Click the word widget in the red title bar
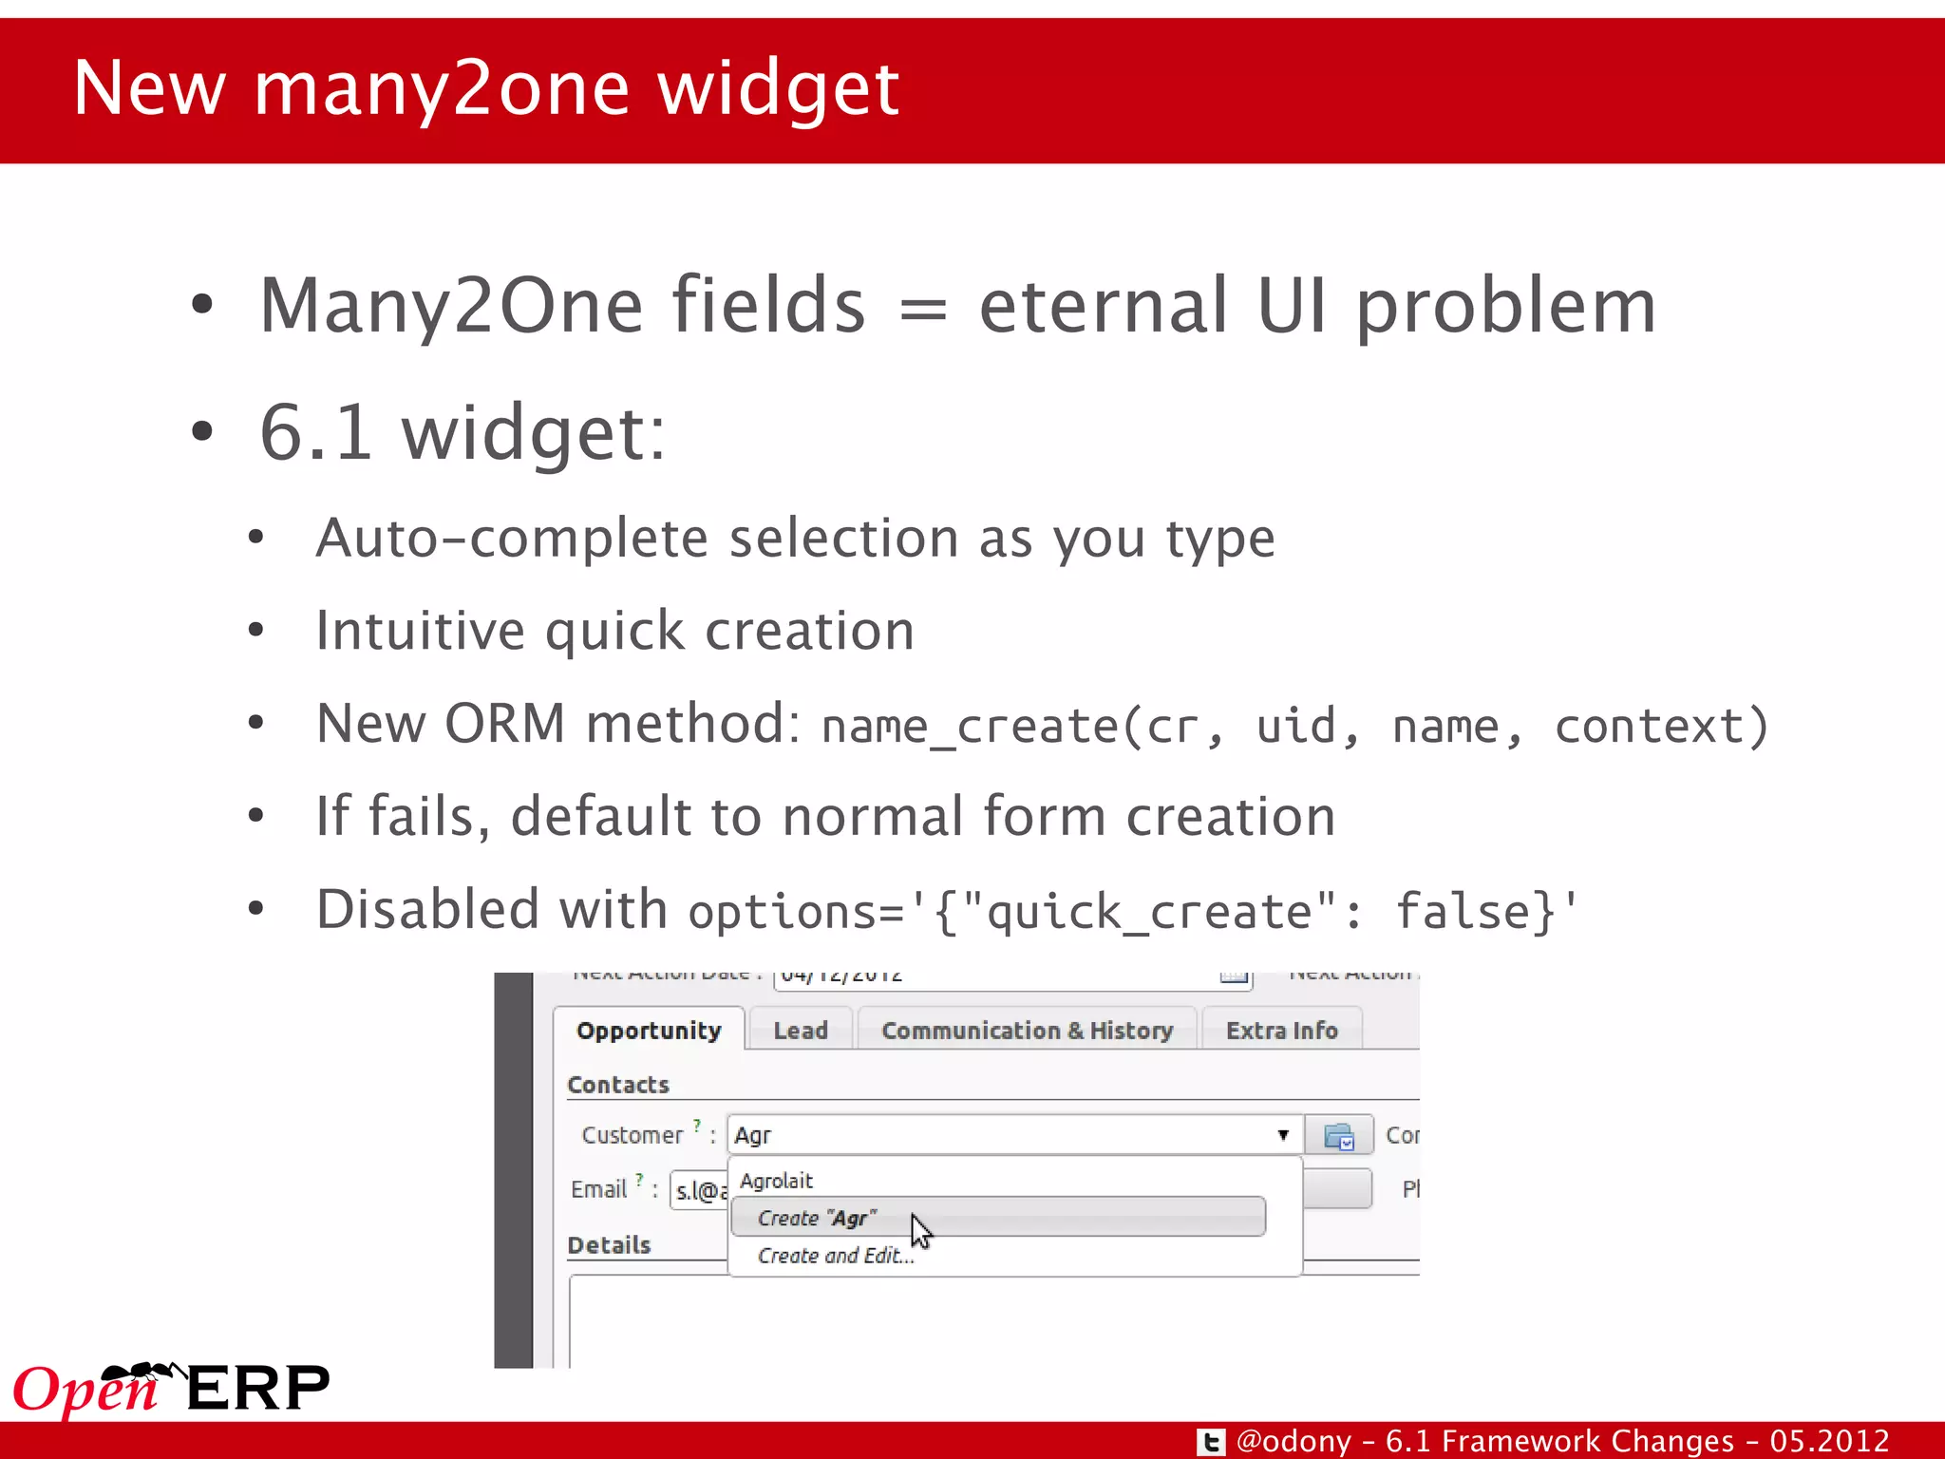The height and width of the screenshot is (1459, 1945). click(x=778, y=88)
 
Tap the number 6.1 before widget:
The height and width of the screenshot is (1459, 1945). click(x=315, y=432)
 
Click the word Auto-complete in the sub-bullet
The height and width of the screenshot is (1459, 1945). click(x=512, y=539)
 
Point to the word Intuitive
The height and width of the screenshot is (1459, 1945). click(x=420, y=631)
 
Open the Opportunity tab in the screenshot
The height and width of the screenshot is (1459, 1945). click(x=649, y=1031)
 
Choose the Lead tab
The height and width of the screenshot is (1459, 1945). click(x=800, y=1031)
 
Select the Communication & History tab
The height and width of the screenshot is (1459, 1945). click(x=1027, y=1031)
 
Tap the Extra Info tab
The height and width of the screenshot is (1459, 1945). click(x=1281, y=1031)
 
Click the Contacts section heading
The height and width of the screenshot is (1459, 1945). click(x=617, y=1085)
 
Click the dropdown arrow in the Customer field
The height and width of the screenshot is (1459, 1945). click(x=1283, y=1135)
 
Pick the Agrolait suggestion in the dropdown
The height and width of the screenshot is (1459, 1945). click(x=776, y=1181)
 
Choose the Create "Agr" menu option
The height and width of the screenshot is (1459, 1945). click(x=817, y=1218)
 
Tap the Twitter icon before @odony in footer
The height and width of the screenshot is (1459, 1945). click(x=1211, y=1442)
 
